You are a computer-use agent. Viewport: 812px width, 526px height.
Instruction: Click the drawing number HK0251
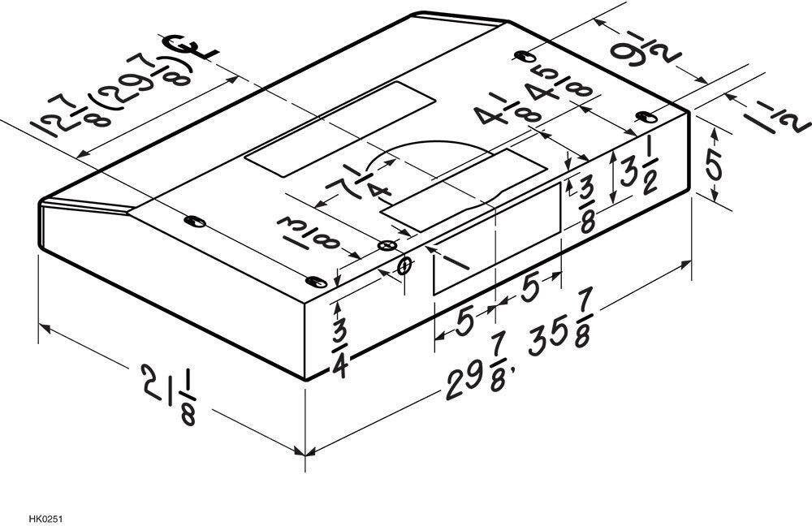pos(46,518)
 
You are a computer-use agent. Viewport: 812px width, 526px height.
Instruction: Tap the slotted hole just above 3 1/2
pos(646,117)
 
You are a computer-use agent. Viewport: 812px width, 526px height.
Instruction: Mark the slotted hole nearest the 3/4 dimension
pos(316,282)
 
